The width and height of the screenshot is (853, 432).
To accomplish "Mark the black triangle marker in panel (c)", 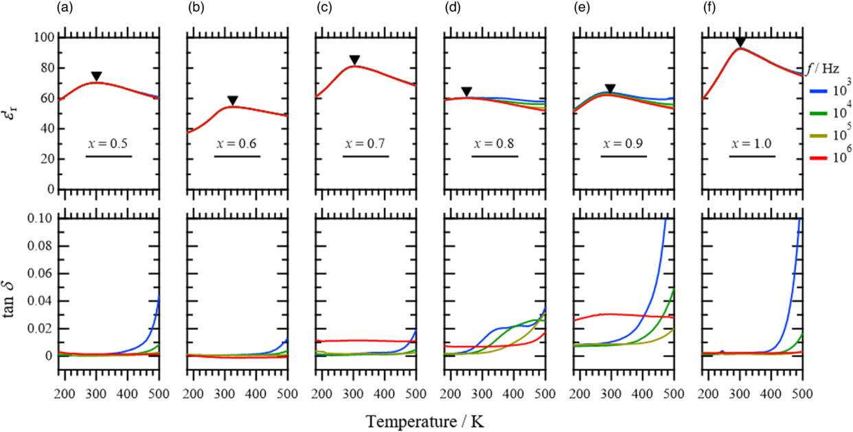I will (x=354, y=60).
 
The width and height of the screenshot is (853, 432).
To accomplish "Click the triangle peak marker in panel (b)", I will (x=233, y=100).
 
